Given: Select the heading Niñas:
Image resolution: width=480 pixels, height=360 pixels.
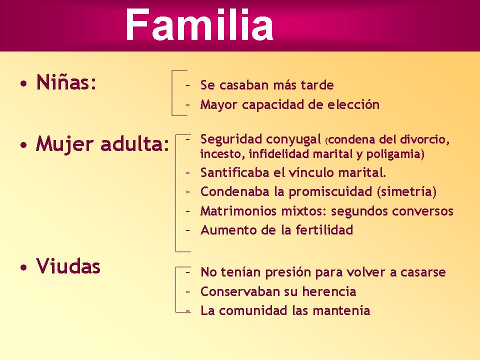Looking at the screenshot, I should pos(66,82).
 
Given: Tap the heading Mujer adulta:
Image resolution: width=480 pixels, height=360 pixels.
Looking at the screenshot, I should pos(103,144).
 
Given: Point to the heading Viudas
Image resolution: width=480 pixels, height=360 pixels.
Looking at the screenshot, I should pos(68,266).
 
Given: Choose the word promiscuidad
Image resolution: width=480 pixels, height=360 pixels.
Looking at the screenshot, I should pos(331,192).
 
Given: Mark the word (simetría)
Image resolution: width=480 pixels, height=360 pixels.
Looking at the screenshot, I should pos(407,192).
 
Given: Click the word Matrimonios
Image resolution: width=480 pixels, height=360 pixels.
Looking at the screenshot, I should pos(233,211).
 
